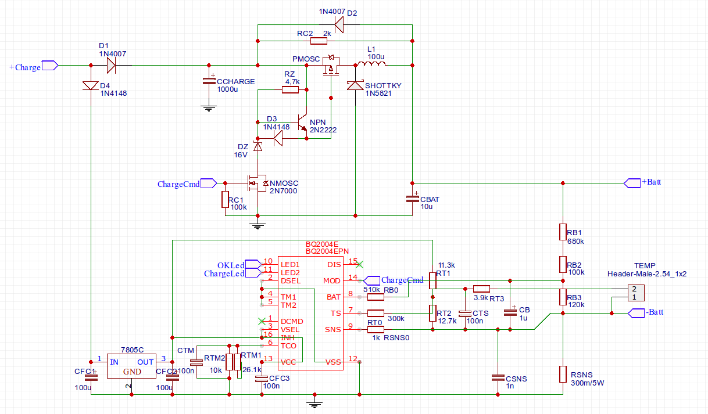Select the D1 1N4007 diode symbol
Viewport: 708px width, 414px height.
click(x=109, y=65)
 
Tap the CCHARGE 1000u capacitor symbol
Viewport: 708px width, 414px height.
click(x=208, y=81)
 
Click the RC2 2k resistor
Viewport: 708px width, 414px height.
click(x=319, y=41)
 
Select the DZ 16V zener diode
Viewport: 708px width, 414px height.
click(x=258, y=146)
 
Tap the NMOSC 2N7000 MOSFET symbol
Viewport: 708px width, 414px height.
click(x=256, y=183)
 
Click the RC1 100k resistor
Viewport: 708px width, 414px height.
click(x=225, y=200)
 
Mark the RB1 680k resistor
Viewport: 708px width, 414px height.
click(x=563, y=232)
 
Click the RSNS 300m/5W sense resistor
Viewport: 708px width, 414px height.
click(x=563, y=374)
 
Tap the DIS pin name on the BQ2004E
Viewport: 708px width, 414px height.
click(x=334, y=264)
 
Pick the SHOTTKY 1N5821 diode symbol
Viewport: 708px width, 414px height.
click(x=355, y=85)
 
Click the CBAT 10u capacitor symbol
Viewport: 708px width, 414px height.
click(x=412, y=199)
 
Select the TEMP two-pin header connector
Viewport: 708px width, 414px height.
click(x=635, y=293)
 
